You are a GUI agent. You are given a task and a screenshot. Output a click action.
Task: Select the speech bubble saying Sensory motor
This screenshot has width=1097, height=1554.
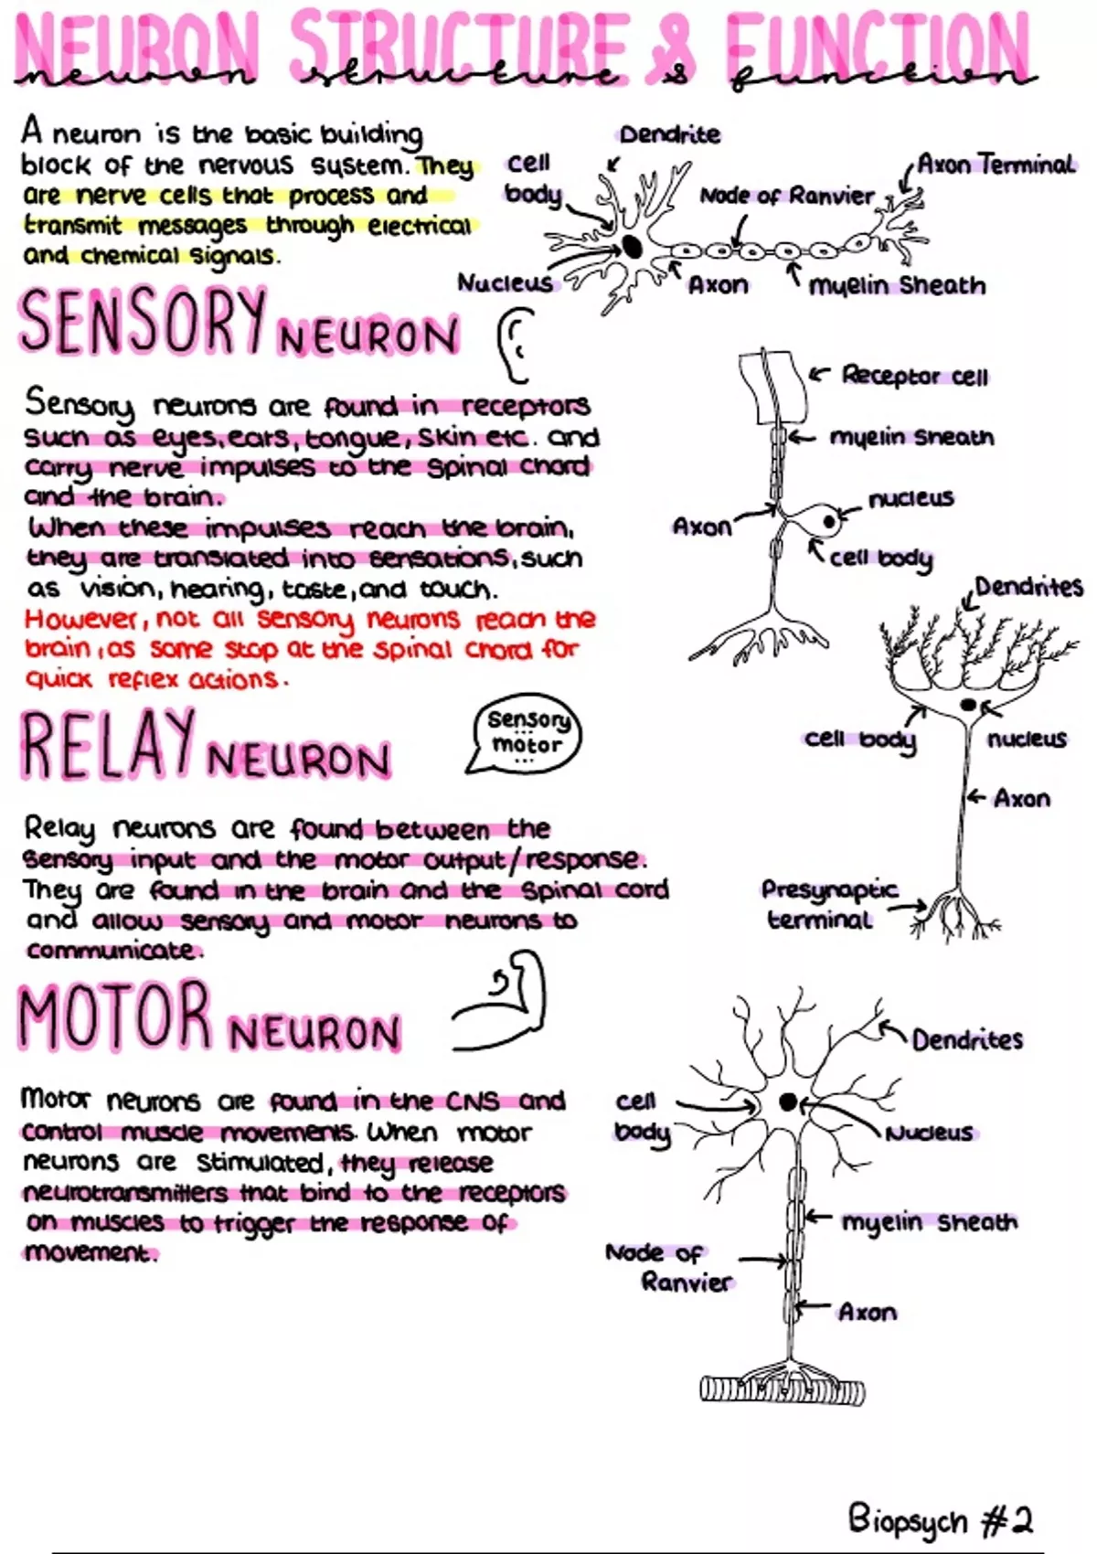[x=525, y=734]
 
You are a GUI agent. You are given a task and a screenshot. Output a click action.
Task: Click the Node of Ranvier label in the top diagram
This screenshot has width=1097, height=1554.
[x=786, y=197]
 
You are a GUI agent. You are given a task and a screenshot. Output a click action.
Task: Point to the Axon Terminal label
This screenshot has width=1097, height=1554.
[x=996, y=165]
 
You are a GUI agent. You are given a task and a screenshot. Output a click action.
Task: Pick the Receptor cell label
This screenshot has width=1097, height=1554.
[x=914, y=376]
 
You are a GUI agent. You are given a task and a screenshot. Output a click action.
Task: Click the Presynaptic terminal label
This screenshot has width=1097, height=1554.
[x=829, y=905]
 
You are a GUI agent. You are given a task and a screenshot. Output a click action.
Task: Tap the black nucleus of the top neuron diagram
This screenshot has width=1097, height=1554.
[x=632, y=246]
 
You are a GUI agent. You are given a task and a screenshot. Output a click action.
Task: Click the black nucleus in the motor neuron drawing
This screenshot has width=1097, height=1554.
[x=787, y=1101]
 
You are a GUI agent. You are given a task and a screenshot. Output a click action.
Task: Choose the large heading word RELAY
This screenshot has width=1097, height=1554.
[x=108, y=745]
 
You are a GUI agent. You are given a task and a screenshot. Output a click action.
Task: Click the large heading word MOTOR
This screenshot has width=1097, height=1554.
[x=114, y=1016]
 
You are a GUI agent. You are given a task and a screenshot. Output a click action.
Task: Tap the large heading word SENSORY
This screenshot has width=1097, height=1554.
[x=144, y=320]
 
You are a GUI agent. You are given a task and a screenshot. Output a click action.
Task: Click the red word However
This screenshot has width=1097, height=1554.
[x=85, y=618]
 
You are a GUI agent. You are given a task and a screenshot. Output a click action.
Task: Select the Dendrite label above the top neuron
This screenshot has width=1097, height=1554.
[x=669, y=134]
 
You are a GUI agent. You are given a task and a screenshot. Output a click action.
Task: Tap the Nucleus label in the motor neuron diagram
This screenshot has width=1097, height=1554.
[x=930, y=1133]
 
